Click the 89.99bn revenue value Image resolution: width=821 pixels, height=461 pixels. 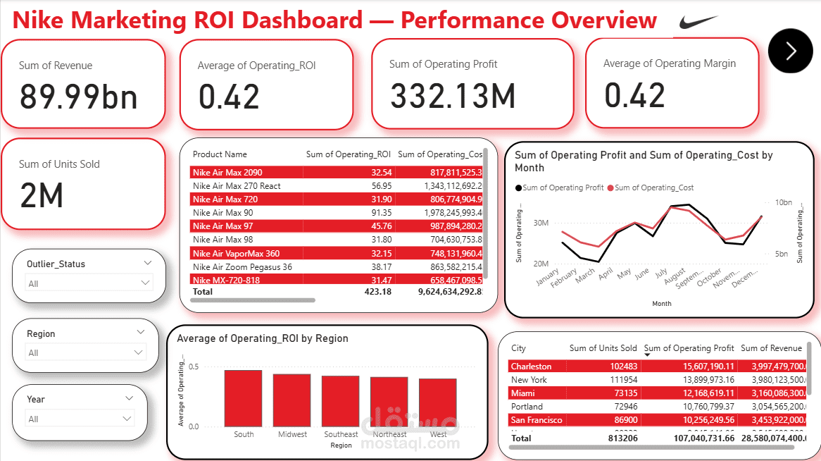coord(78,97)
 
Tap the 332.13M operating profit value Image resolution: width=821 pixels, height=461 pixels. coord(453,96)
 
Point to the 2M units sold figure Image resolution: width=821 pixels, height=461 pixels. coord(42,195)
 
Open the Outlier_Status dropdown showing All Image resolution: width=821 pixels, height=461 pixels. coord(89,283)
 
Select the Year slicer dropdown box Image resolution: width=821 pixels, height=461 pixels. coord(80,419)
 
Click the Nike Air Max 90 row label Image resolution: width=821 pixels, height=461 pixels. coord(223,212)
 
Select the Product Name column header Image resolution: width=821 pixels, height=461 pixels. coord(220,154)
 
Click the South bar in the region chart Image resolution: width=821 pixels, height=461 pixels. coord(244,398)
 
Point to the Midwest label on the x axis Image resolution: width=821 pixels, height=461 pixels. coord(292,434)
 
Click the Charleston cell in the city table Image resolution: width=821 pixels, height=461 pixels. coord(532,367)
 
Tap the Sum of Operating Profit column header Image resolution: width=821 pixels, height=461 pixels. coord(689,348)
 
